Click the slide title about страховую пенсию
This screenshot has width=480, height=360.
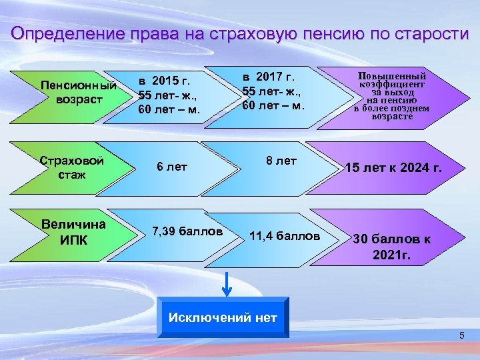[240, 34]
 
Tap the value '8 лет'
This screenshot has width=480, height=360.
[281, 161]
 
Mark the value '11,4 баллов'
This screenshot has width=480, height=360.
[285, 236]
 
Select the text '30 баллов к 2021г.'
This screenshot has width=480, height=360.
[391, 246]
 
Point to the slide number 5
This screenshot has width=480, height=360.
[461, 335]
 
